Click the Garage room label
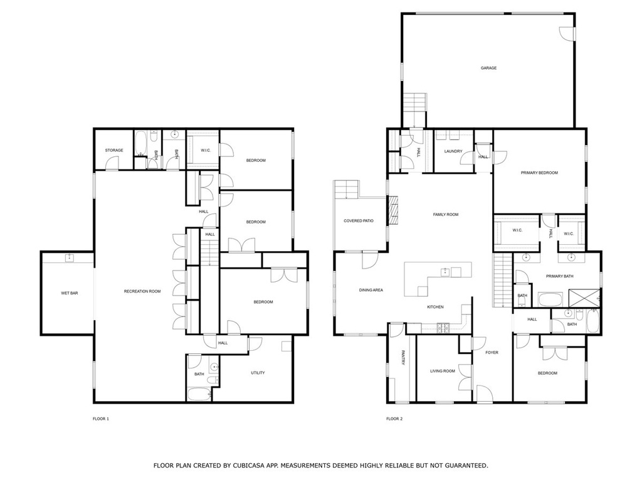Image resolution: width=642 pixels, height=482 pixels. point(488,68)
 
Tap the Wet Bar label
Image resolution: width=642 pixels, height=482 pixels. point(69,293)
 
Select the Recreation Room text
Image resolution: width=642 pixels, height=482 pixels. point(142,291)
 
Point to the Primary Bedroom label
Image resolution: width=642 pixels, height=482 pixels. point(539,173)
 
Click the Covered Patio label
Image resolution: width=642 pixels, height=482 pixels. point(358,221)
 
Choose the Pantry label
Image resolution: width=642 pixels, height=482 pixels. point(403,357)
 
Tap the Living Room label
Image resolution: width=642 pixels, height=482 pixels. point(442,371)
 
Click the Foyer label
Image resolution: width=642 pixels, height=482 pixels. point(492,353)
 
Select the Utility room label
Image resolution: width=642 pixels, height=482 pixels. point(258,373)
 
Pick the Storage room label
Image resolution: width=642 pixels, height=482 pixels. point(114,151)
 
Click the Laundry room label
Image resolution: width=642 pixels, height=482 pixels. point(453,151)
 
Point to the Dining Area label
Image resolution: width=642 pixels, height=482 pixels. point(371,290)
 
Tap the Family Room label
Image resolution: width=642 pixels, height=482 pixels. point(446,215)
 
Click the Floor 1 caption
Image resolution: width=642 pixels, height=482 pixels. point(101,419)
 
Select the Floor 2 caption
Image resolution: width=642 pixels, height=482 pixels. point(394,419)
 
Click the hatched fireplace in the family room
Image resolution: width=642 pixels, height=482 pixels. point(394,210)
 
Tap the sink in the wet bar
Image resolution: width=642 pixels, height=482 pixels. point(70,258)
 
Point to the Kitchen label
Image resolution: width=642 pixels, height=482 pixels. point(435,307)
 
